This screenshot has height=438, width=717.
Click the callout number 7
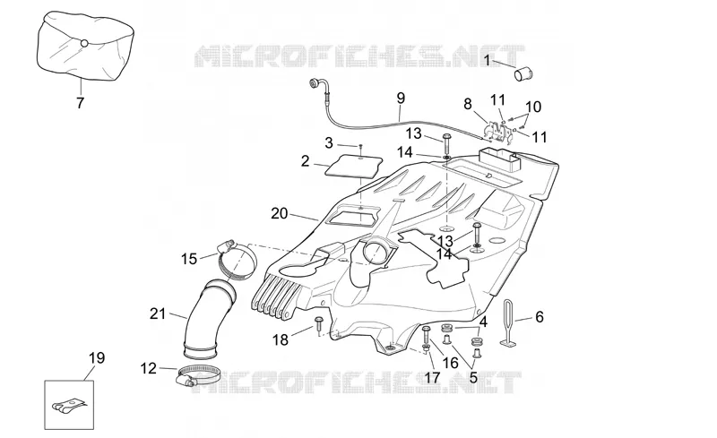pos(80,102)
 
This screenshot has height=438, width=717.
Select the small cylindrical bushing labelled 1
pos(524,73)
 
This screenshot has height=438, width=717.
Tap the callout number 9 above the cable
pos(401,98)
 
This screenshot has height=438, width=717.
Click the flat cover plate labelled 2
pos(353,166)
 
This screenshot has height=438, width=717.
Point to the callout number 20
pos(280,213)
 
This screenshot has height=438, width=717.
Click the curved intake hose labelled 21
pos(209,318)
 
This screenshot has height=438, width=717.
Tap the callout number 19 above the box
pos(97,357)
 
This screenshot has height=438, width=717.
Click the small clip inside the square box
pos(69,406)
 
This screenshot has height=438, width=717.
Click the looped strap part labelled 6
pos(507,322)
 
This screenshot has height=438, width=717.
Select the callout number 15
pos(189,259)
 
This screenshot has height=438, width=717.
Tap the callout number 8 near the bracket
pos(467,104)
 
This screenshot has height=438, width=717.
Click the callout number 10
pos(533,107)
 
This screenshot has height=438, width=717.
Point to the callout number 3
pos(329,142)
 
